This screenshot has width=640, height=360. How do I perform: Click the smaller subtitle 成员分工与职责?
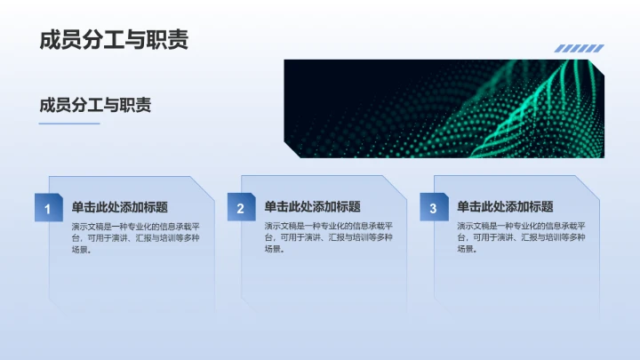pyautogui.click(x=95, y=105)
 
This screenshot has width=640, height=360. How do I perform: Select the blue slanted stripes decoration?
pyautogui.click(x=579, y=49)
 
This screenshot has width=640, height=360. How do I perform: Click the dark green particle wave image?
pyautogui.click(x=443, y=108)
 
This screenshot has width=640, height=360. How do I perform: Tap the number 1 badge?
pyautogui.click(x=47, y=209)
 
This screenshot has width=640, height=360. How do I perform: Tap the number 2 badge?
pyautogui.click(x=240, y=209)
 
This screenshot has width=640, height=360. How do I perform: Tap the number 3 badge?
pyautogui.click(x=433, y=209)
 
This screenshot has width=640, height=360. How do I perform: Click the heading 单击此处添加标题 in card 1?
pyautogui.click(x=120, y=206)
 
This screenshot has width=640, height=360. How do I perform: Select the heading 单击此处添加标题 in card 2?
pyautogui.click(x=312, y=206)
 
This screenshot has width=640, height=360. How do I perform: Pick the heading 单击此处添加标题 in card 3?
pyautogui.click(x=505, y=206)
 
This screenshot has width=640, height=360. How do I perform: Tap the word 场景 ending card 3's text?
pyautogui.click(x=466, y=250)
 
